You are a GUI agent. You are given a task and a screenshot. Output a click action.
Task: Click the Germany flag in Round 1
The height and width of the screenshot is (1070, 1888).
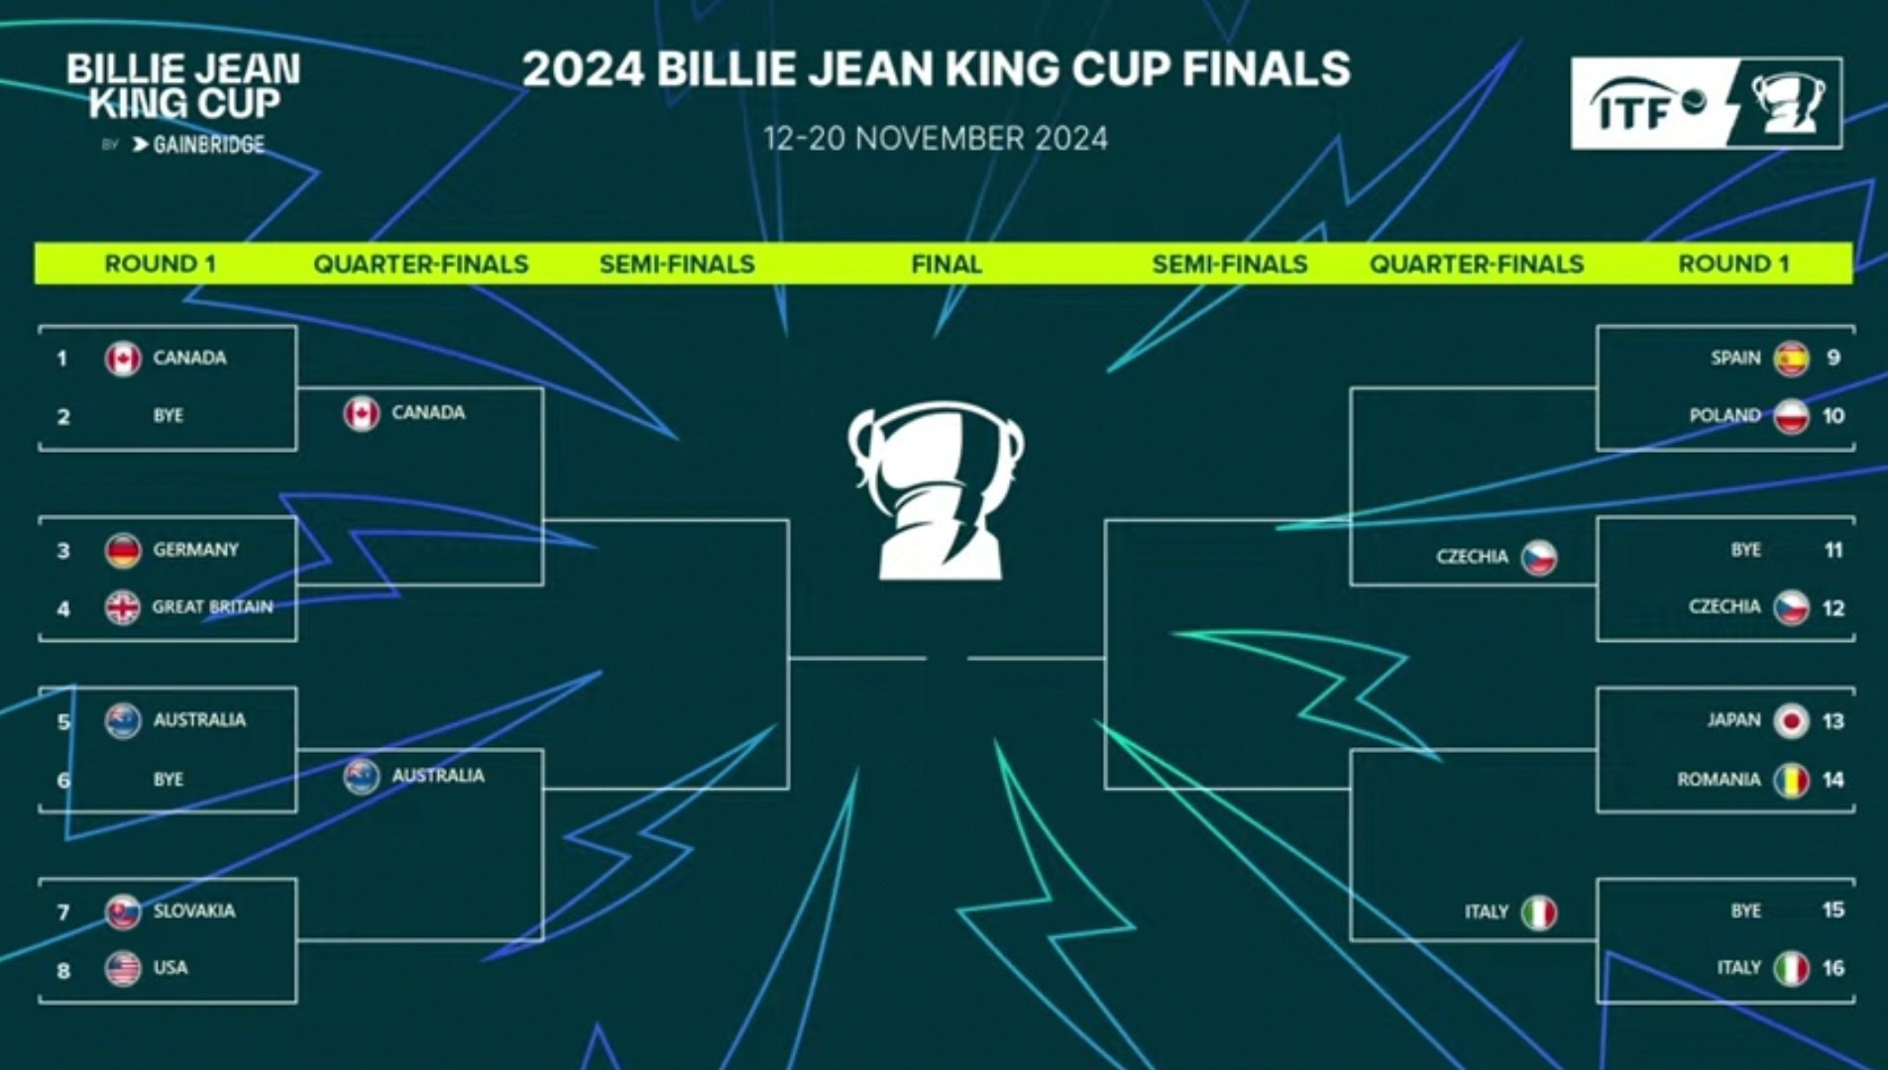click(x=123, y=550)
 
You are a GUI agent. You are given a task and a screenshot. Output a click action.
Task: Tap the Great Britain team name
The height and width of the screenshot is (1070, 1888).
click(x=212, y=606)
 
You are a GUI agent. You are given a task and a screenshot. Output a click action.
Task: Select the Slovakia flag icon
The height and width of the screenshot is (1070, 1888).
click(x=123, y=911)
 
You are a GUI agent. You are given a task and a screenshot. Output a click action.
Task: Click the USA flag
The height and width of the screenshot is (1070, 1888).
click(x=123, y=968)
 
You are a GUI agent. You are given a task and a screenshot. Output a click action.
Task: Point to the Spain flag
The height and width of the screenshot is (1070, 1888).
click(x=1791, y=358)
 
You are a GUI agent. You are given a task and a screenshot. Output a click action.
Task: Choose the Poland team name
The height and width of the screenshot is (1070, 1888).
click(x=1724, y=415)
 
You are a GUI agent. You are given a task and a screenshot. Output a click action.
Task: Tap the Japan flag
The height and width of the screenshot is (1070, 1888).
click(x=1791, y=721)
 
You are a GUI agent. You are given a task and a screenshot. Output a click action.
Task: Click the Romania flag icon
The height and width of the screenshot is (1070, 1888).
click(x=1791, y=780)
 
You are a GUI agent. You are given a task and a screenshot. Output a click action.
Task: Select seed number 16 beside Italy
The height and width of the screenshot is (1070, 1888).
click(x=1832, y=968)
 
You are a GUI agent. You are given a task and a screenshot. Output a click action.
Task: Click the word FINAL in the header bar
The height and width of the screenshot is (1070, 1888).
click(x=946, y=264)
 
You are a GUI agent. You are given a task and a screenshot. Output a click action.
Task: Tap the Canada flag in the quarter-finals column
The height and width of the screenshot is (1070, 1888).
click(x=362, y=413)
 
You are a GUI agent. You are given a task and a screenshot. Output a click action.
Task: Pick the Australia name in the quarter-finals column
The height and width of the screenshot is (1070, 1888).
click(x=438, y=776)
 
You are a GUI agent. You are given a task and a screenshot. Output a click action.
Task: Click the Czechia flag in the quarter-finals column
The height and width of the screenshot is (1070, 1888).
click(x=1539, y=558)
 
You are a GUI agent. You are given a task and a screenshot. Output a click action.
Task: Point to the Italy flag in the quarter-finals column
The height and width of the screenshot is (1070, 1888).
click(x=1539, y=912)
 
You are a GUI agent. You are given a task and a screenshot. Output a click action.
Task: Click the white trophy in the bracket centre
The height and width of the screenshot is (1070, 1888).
click(x=936, y=489)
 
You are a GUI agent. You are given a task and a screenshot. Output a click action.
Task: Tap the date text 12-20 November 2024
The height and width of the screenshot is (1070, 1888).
click(x=936, y=139)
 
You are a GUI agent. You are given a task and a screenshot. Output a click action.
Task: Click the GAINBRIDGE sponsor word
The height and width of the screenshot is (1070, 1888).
click(x=209, y=145)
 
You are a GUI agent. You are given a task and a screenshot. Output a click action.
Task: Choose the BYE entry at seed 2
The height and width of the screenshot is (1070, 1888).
click(x=168, y=415)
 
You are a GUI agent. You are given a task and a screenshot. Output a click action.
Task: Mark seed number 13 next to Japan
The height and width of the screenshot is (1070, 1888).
click(x=1832, y=721)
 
